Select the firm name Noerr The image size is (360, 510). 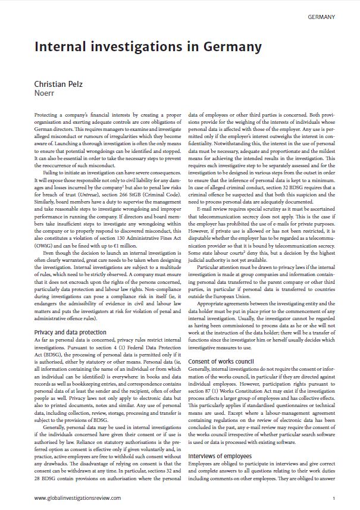coord(45,93)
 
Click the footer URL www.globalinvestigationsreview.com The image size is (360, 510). coord(77,498)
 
